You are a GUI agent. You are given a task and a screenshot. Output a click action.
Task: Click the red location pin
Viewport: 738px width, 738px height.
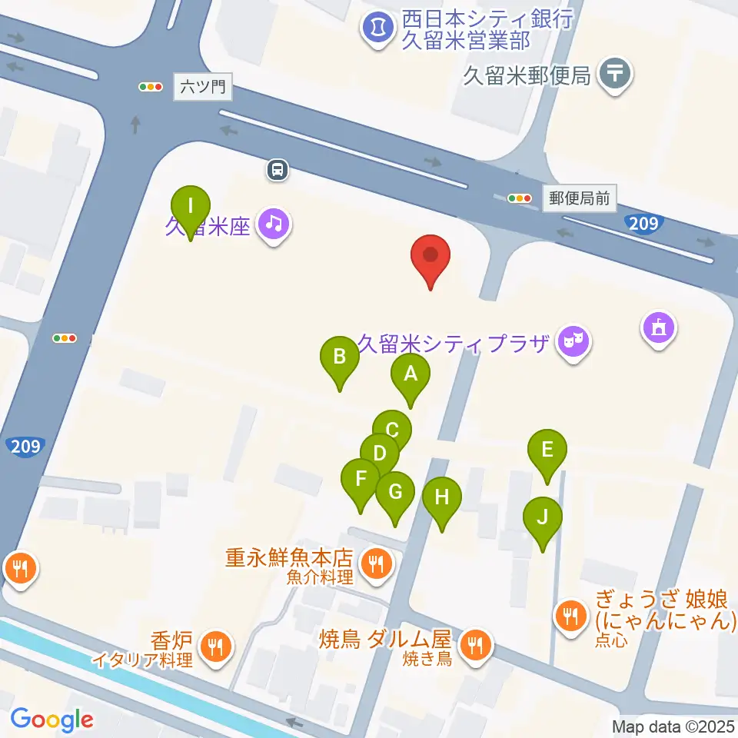point(430,258)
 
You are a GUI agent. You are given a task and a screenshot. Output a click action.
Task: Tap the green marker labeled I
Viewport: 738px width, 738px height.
point(191,208)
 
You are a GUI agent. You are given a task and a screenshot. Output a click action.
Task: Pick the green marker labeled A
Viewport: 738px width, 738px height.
point(411,375)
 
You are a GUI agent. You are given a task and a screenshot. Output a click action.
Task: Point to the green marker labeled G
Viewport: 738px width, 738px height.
point(396,492)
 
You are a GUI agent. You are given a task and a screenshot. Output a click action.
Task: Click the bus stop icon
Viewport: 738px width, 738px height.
point(278,169)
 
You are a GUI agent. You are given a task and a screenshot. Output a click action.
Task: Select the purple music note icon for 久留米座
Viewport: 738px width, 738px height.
point(273,224)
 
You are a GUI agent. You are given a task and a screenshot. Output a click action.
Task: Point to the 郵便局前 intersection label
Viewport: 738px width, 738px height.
point(580,198)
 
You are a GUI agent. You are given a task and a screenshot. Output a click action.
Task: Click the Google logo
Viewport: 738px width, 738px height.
point(52,720)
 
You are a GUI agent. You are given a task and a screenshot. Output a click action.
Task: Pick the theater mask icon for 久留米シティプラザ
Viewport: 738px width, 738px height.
point(573,339)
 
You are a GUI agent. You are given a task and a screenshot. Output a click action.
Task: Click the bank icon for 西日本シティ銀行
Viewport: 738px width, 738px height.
point(377,28)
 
